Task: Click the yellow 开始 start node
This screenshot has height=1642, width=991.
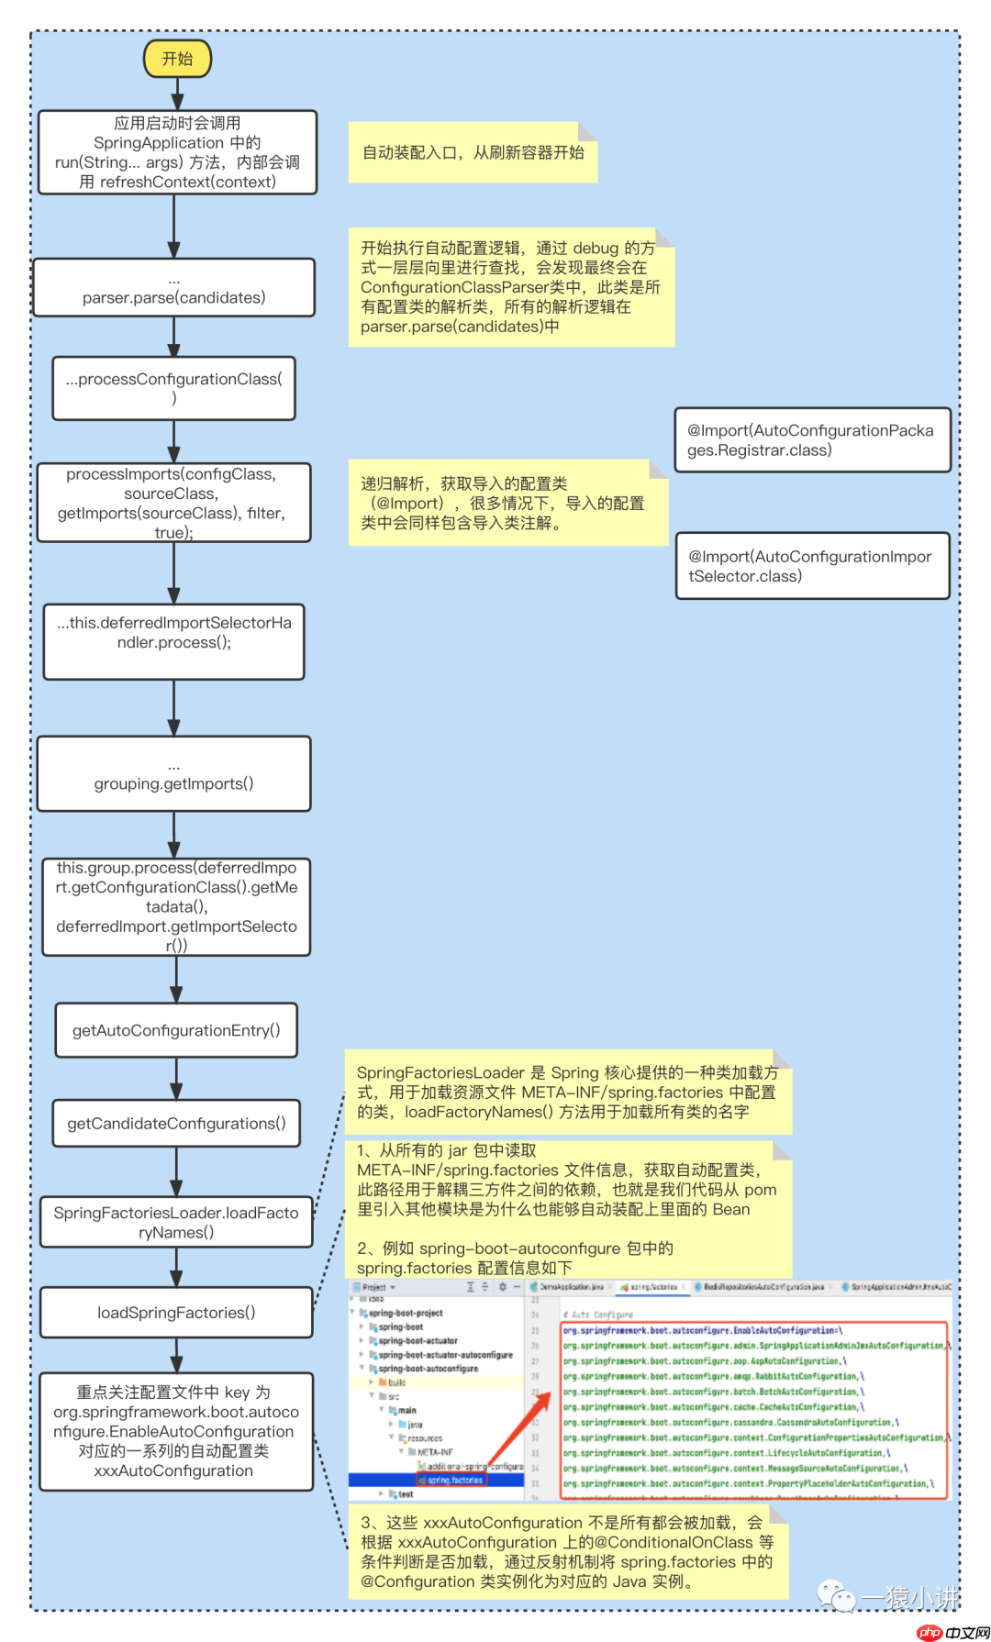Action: [x=177, y=59]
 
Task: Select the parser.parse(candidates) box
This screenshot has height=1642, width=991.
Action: [x=173, y=288]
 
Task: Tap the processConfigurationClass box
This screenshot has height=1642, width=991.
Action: [x=173, y=388]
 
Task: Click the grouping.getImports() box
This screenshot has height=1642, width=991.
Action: [x=173, y=773]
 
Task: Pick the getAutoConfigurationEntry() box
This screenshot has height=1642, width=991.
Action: [x=176, y=1030]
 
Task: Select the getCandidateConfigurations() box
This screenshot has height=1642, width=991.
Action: [x=176, y=1123]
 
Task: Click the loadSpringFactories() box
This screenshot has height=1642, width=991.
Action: [x=176, y=1312]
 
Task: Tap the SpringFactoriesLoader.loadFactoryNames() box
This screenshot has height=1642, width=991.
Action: [x=176, y=1222]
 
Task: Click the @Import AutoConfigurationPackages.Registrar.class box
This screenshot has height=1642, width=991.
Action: [x=812, y=440]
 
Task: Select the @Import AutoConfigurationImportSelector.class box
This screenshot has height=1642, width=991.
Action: [x=812, y=566]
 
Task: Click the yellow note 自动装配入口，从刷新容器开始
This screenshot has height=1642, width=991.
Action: [x=473, y=152]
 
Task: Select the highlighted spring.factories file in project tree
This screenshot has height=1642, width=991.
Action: [x=455, y=1480]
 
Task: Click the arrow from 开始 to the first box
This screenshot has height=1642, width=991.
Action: [x=177, y=94]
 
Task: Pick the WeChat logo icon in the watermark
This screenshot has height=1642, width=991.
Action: [x=836, y=1597]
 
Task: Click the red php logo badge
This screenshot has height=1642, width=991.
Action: [x=930, y=1632]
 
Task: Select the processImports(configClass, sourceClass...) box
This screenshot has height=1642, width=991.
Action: [x=173, y=503]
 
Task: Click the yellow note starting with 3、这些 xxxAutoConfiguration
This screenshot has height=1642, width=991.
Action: [x=566, y=1552]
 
